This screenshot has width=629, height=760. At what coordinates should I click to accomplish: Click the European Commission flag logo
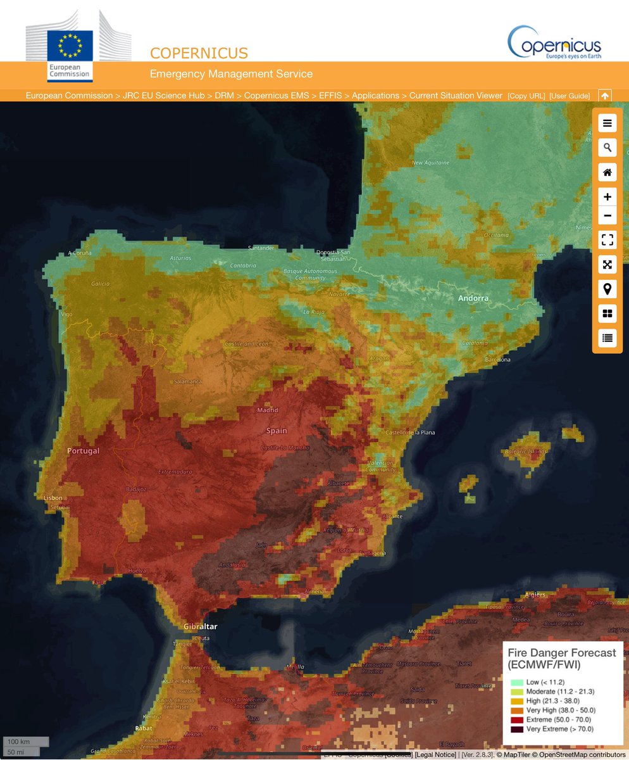click(x=70, y=46)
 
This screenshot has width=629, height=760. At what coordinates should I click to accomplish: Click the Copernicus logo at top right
click(x=554, y=42)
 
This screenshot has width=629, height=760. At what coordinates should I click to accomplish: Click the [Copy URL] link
click(x=526, y=96)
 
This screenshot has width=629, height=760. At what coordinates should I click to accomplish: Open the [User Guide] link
click(x=570, y=96)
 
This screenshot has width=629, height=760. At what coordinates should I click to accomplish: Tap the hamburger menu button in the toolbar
click(x=607, y=123)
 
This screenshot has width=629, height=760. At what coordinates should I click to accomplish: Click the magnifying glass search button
click(x=607, y=148)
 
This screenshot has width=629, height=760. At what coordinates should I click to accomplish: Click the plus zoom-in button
click(x=607, y=197)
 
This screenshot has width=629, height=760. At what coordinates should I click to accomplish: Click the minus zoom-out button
click(x=607, y=216)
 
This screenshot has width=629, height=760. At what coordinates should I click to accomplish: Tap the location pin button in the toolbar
click(x=607, y=289)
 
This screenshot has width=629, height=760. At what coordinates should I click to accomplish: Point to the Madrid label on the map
click(x=268, y=410)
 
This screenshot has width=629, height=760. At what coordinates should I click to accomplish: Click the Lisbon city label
click(x=53, y=498)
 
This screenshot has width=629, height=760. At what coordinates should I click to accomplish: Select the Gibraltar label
click(x=200, y=626)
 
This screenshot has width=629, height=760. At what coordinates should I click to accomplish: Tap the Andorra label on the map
click(x=473, y=298)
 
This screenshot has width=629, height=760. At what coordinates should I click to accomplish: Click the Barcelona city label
click(x=497, y=360)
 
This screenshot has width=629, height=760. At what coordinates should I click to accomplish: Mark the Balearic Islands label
click(x=526, y=452)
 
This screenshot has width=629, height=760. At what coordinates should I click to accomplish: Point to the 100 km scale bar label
click(x=19, y=742)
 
